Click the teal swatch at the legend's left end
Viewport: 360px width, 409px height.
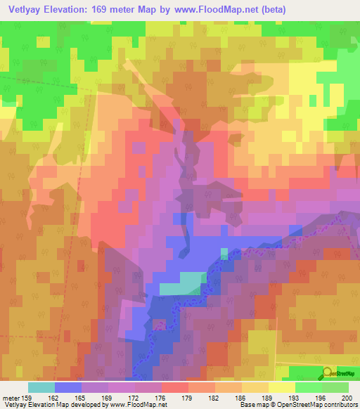(x=41, y=387)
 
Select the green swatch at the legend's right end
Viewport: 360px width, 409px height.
(x=335, y=387)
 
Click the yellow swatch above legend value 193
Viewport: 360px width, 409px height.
(x=282, y=387)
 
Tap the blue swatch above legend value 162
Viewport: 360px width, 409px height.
(x=68, y=387)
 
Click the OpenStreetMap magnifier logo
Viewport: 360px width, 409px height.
(x=327, y=372)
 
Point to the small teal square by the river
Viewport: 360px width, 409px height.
(x=224, y=254)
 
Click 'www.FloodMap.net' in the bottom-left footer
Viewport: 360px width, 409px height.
(x=136, y=405)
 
